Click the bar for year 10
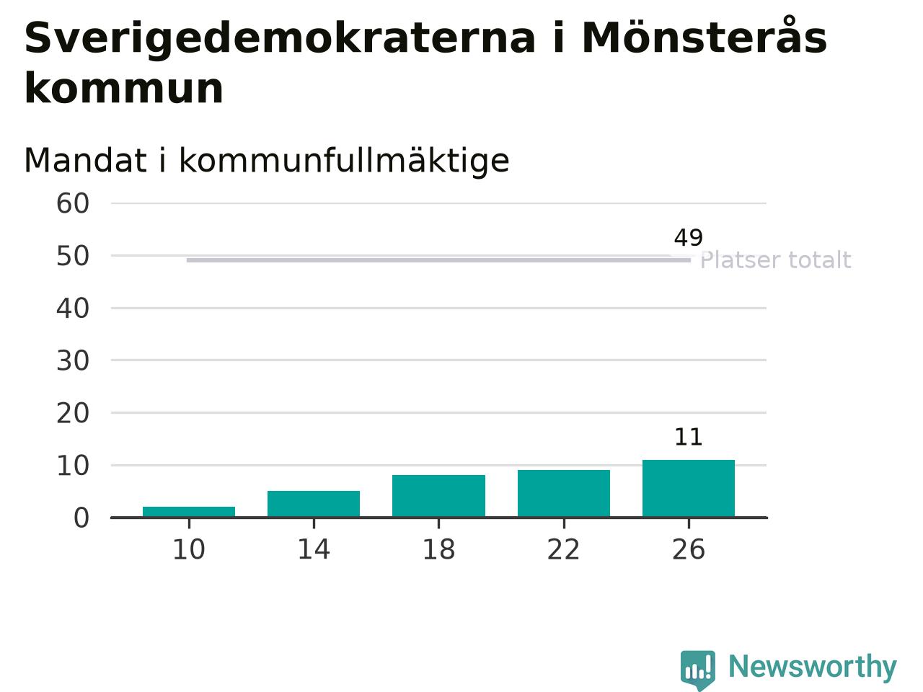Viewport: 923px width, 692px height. click(189, 512)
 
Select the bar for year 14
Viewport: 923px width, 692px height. click(314, 504)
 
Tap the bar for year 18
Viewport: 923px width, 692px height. click(438, 496)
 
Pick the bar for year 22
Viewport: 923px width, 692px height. click(563, 493)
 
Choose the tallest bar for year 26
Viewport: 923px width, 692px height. click(689, 488)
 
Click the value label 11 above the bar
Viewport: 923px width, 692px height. click(689, 437)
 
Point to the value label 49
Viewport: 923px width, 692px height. click(689, 238)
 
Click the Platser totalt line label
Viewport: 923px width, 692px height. click(776, 260)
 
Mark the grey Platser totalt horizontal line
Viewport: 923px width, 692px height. click(438, 260)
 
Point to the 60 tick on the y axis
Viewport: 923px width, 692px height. click(73, 204)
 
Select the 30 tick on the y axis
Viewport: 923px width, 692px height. click(73, 361)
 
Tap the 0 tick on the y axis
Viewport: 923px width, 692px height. click(81, 518)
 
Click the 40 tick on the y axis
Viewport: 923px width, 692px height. click(73, 309)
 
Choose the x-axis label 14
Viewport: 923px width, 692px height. click(314, 549)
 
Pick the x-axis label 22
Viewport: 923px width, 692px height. click(563, 549)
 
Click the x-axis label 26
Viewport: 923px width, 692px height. click(689, 549)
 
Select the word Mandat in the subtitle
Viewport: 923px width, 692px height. click(85, 161)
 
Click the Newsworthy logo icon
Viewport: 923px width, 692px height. click(698, 670)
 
